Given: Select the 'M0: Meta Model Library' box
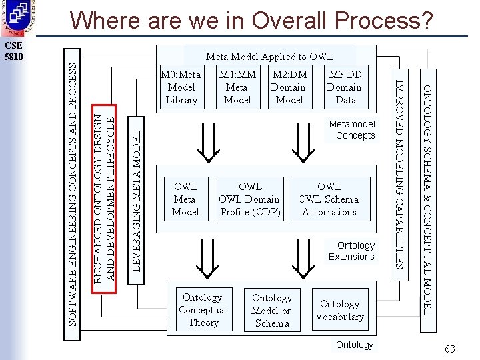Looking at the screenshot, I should point(181,87).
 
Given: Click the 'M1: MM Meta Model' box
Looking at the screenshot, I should point(237,87).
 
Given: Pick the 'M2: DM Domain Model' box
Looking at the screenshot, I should point(289,87).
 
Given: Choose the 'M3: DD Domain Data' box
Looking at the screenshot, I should point(344,87).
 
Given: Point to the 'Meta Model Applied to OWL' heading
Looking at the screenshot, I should point(269,57).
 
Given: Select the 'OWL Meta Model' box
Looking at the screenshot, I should point(185,199).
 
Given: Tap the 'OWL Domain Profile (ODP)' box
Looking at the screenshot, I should point(250,199).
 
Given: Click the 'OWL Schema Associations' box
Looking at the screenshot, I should point(329,199).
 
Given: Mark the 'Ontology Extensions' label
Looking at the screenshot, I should point(351,251).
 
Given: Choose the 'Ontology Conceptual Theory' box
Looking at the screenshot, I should point(203,310).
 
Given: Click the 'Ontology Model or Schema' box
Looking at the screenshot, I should point(271,311).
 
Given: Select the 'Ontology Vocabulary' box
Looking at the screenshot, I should point(339,310).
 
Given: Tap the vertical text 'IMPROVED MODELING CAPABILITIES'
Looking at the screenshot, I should point(399,173).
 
